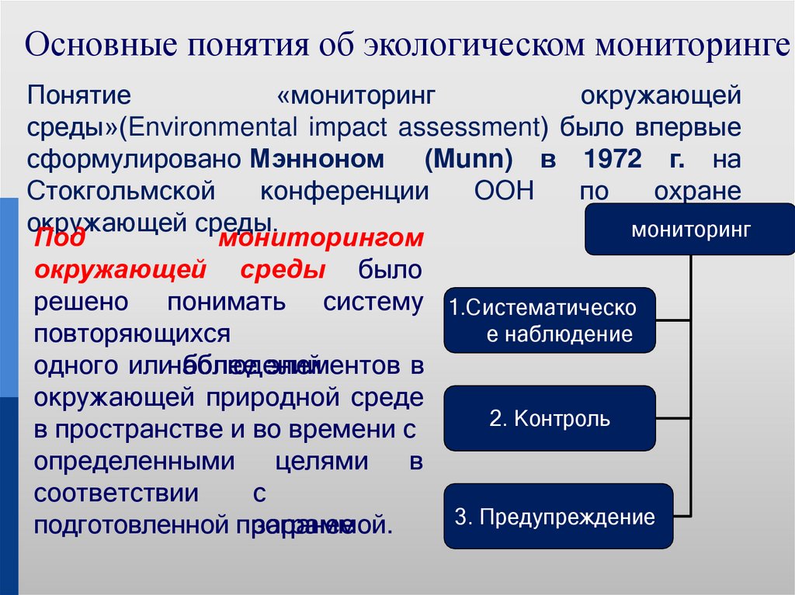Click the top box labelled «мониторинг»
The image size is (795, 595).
(690, 230)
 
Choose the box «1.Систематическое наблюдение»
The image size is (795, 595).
(550, 320)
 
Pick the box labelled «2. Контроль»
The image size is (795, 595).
(550, 419)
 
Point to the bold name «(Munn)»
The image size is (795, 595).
(469, 160)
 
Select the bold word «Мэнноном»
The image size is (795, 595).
(317, 160)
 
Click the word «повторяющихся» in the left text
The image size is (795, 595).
(132, 334)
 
